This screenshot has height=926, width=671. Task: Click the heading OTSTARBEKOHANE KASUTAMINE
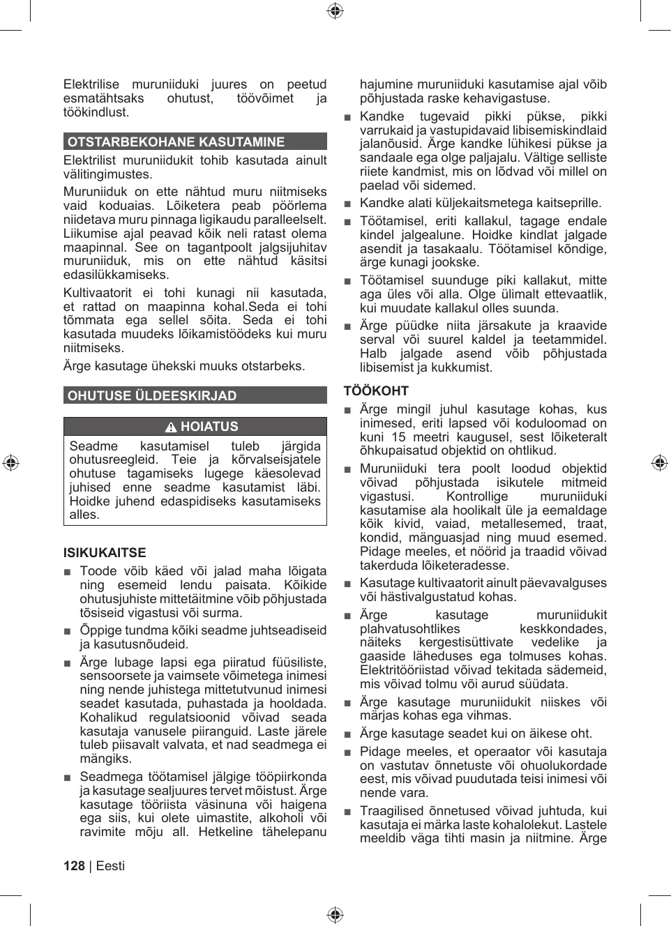[176, 142]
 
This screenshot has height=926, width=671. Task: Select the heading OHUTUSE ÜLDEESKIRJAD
[152, 395]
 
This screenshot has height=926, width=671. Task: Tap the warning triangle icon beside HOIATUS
[171, 427]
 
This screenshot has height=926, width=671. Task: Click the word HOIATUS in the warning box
[209, 427]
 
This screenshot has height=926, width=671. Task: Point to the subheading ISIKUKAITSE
[105, 553]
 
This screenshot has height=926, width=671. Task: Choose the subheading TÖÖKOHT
[376, 391]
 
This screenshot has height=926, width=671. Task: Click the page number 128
[74, 866]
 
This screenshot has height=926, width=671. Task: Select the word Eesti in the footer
[110, 866]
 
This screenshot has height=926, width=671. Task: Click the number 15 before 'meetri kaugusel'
[398, 437]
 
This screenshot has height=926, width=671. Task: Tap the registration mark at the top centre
[335, 10]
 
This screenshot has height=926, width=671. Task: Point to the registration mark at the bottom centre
[335, 915]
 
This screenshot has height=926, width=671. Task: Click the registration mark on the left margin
[10, 462]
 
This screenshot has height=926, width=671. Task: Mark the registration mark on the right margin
[659, 462]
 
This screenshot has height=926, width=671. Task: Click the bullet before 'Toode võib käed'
[68, 572]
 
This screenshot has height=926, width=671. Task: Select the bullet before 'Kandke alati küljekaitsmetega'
[347, 204]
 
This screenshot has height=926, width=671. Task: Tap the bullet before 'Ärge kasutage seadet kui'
[347, 734]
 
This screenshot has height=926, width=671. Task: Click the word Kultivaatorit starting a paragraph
[98, 293]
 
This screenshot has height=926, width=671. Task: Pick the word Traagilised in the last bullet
[391, 811]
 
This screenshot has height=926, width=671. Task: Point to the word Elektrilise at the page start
[91, 84]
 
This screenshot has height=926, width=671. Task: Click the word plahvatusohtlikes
[409, 629]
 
